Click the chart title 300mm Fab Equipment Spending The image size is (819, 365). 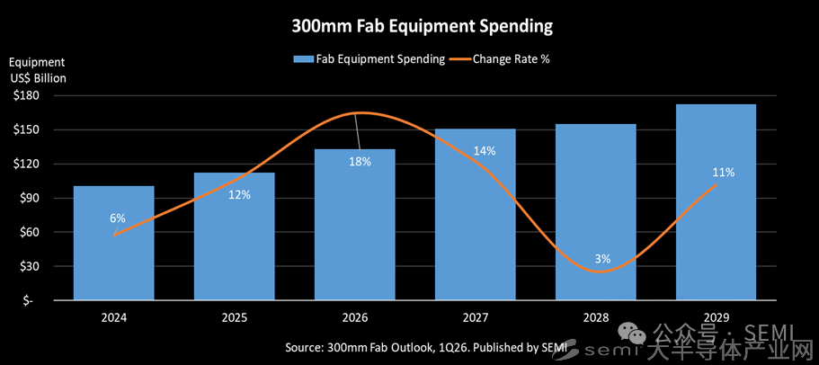point(422,26)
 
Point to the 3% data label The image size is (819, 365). point(602,259)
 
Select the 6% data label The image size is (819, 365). point(118,218)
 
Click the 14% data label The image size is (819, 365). point(485,151)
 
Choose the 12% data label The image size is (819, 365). point(239,194)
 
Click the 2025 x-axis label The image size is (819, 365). point(234,317)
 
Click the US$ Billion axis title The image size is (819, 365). point(37,77)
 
